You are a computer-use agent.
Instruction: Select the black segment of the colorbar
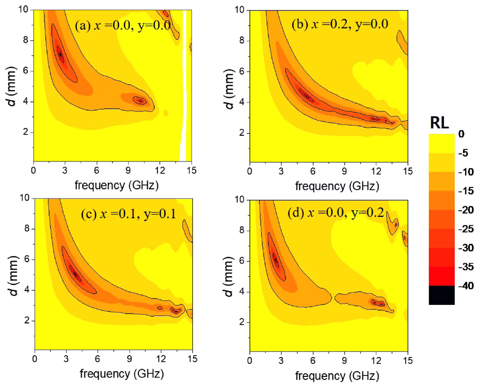[x=442, y=295]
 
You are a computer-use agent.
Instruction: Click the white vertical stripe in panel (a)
[x=184, y=84]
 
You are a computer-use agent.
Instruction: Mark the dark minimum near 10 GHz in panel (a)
[x=141, y=100]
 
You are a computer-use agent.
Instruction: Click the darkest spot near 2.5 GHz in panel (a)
[x=60, y=54]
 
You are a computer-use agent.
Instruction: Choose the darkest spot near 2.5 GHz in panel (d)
[x=276, y=260]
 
